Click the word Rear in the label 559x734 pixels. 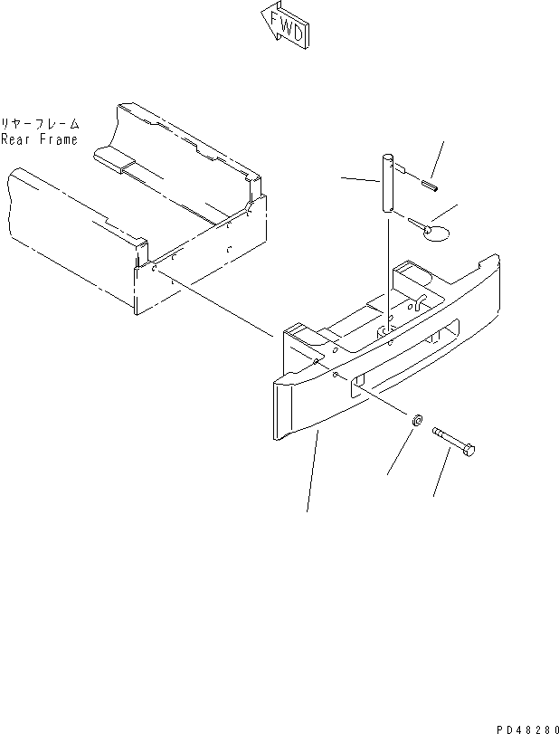(x=15, y=139)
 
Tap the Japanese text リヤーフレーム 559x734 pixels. (x=40, y=124)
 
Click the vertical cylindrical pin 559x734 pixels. (x=386, y=186)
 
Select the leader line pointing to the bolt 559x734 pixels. (x=442, y=475)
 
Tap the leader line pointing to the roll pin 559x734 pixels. (x=437, y=158)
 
